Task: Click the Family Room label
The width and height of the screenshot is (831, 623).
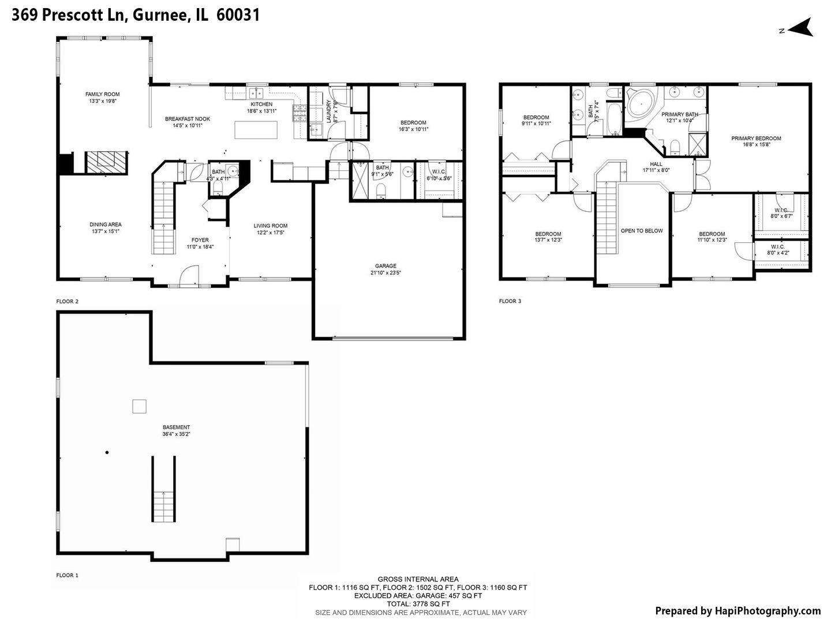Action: (103, 94)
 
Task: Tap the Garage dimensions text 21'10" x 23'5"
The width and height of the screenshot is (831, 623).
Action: (385, 273)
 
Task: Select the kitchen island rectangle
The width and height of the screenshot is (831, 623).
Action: (256, 130)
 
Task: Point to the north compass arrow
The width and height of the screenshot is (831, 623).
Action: (800, 28)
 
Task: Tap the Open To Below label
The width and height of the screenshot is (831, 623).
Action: (642, 231)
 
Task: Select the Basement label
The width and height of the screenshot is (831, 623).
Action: (176, 427)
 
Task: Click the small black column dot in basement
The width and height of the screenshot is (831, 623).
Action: (107, 453)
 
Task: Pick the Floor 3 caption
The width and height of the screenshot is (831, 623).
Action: (510, 301)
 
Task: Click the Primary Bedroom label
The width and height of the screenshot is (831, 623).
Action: (756, 138)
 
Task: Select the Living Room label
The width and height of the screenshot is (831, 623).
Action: (270, 226)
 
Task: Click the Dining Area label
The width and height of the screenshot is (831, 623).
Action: (106, 225)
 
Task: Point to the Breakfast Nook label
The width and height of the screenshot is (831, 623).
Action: (188, 119)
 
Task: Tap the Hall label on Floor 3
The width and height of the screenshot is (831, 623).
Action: (656, 164)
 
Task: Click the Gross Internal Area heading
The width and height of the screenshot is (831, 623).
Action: (418, 579)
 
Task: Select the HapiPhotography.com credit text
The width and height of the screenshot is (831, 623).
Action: (738, 611)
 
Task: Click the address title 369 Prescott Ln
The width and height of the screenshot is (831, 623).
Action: (69, 15)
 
